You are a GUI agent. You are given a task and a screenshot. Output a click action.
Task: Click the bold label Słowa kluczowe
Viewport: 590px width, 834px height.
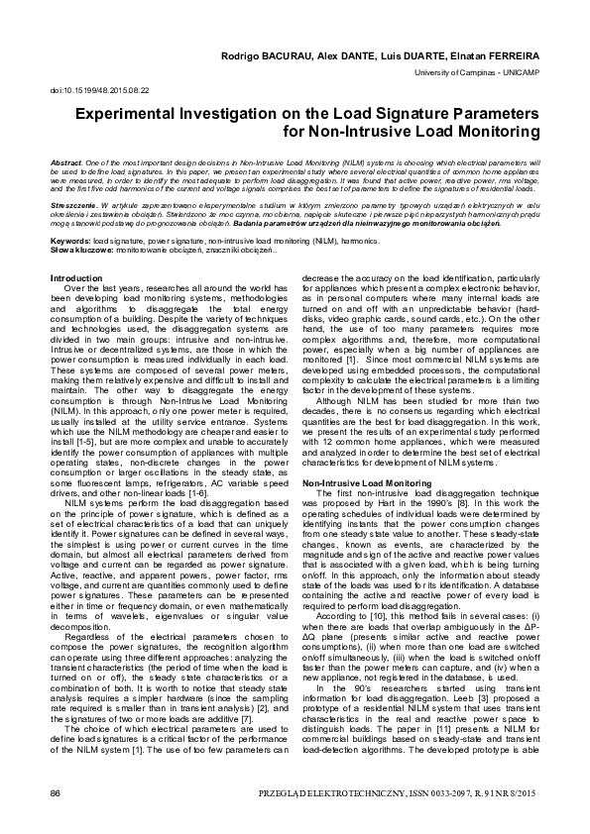coord(77,248)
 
